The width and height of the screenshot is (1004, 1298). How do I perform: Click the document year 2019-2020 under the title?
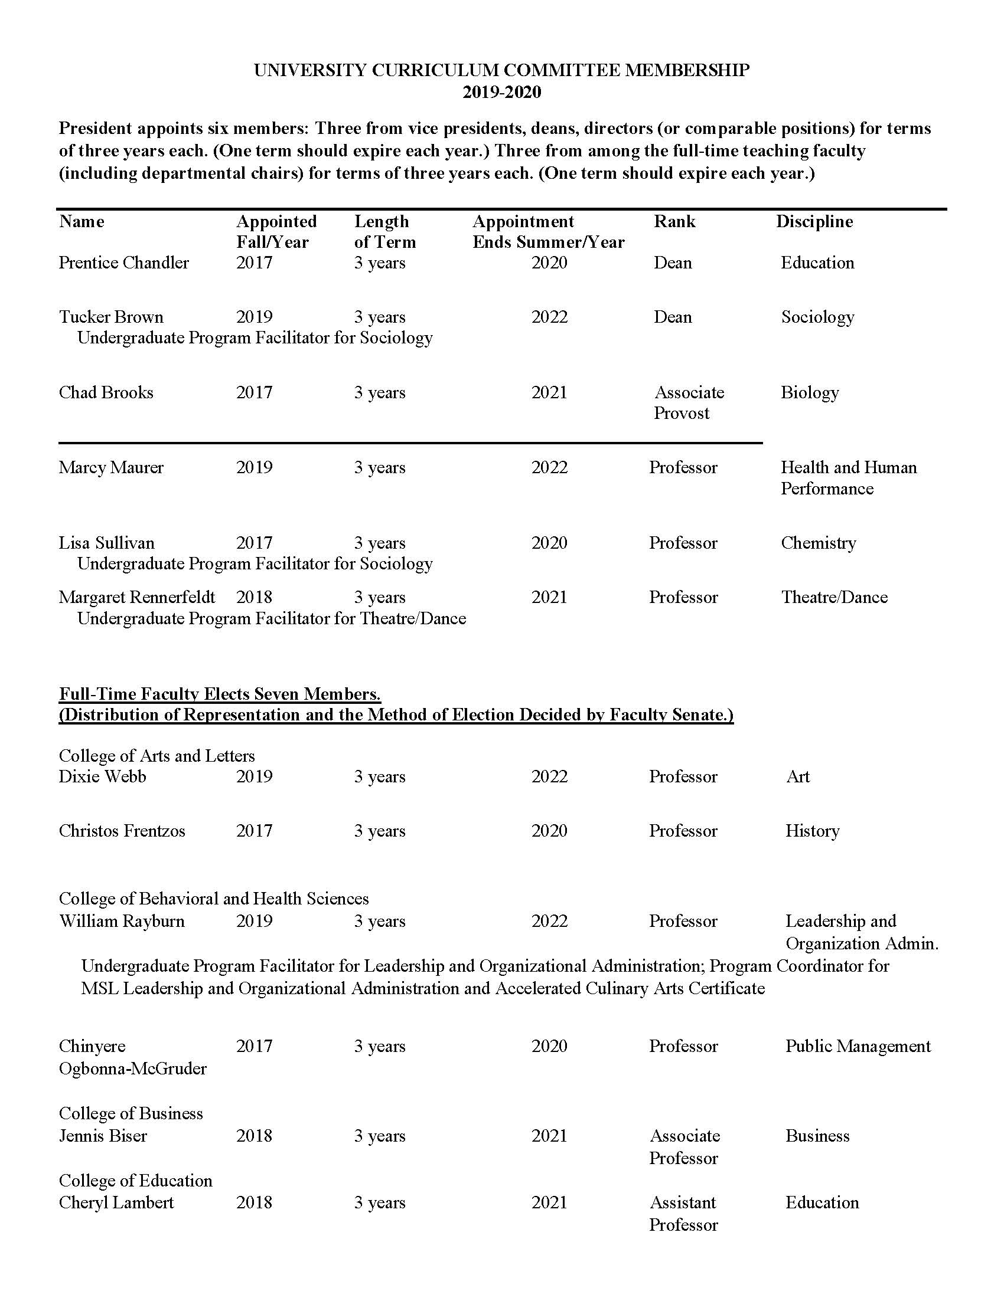502,92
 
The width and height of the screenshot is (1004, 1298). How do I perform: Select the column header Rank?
674,222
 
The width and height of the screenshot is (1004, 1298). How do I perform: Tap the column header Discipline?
814,222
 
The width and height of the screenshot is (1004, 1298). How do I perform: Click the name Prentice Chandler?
123,263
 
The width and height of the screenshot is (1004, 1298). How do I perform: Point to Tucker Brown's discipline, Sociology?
818,317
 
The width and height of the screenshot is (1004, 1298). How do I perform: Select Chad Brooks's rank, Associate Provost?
689,402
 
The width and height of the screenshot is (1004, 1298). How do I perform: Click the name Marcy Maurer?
110,467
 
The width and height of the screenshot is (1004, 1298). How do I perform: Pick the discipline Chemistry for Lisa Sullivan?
819,543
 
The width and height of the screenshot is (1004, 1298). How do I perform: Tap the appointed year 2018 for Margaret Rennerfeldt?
254,596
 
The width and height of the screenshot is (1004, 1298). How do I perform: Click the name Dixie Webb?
102,776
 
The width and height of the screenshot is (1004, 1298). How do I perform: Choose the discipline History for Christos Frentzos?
813,830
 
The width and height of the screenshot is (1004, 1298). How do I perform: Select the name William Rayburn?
122,920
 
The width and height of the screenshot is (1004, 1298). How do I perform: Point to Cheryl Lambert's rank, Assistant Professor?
684,1213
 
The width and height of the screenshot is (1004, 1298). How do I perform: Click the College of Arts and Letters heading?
157,755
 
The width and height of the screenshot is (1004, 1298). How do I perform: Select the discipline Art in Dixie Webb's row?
798,776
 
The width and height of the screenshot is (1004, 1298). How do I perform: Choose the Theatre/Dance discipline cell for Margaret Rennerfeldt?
834,596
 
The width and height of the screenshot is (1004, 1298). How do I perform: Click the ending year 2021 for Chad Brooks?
549,392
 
